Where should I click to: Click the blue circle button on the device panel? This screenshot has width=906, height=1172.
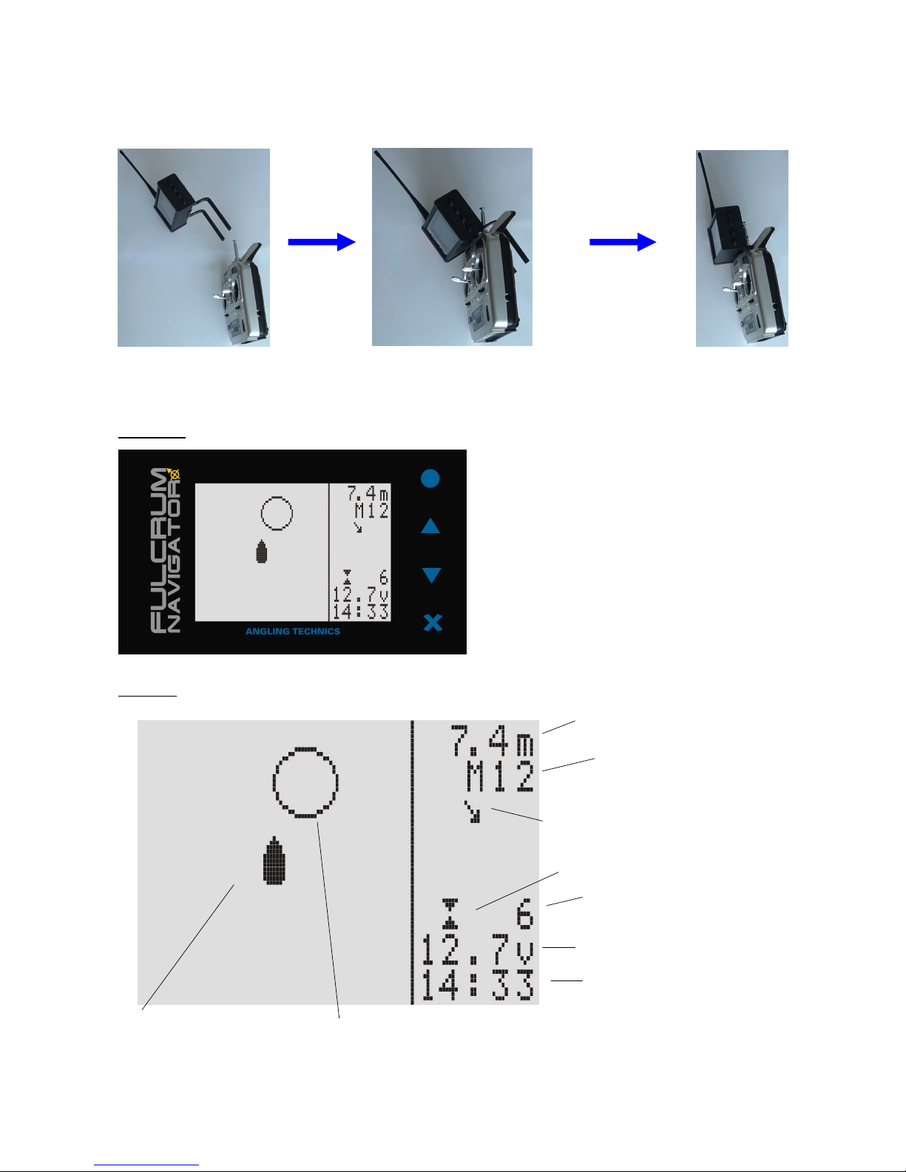pos(430,478)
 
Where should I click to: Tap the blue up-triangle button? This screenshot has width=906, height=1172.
pos(430,526)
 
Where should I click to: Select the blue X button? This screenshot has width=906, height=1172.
pos(433,623)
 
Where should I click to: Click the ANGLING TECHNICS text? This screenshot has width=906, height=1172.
pos(293,631)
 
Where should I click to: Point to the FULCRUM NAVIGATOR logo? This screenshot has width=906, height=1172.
pos(165,550)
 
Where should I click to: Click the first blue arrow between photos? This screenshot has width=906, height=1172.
pos(322,243)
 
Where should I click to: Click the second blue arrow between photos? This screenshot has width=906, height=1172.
pos(623,243)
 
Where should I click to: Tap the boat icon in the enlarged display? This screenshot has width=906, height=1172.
pos(274,860)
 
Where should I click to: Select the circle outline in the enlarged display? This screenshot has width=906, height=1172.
pos(305,748)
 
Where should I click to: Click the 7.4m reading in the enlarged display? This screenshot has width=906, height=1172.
pos(492,741)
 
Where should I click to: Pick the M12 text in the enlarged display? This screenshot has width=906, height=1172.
pos(500,776)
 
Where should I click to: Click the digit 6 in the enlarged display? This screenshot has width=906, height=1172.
pos(524,914)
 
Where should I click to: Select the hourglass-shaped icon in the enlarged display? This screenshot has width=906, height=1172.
pos(450,914)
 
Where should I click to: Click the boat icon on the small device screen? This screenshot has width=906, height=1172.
pos(262,551)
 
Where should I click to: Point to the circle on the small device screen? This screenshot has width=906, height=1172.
pos(277,497)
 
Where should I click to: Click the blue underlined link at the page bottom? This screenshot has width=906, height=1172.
pos(146,1165)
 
